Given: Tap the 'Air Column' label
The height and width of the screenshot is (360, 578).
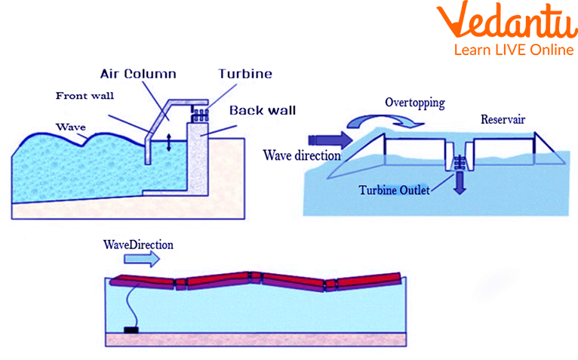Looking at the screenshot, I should point(138,75).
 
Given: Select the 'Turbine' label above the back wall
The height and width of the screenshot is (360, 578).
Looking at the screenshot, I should point(245,75).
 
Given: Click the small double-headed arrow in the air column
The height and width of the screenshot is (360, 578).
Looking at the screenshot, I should point(168,143).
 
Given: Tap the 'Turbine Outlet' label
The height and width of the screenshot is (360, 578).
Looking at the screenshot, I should point(394,190).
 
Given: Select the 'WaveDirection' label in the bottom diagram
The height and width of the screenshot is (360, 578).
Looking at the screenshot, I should point(138,245).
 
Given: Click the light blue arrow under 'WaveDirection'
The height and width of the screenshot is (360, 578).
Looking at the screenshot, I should point(142,258).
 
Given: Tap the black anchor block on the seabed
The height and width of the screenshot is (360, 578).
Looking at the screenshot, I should point(131,331).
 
